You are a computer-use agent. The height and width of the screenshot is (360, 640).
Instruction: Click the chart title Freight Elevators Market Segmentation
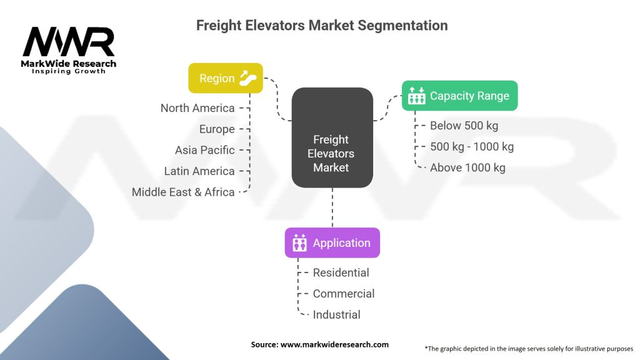point(322,25)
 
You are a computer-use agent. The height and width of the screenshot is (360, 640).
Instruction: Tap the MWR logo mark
point(69,41)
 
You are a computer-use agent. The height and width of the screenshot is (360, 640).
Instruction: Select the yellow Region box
point(225,78)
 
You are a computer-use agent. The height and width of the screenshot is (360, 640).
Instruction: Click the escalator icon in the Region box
point(247,78)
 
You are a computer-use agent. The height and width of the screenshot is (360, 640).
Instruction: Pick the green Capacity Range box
point(459,96)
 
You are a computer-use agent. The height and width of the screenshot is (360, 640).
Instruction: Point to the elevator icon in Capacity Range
point(416,96)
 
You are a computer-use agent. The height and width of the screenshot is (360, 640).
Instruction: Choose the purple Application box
point(332,243)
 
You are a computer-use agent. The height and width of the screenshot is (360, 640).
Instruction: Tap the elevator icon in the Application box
point(299,243)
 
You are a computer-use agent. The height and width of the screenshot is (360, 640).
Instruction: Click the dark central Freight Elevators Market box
point(332,137)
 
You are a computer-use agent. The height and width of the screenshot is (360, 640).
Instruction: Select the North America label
point(197,108)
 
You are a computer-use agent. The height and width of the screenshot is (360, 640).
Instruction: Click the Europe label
point(217,129)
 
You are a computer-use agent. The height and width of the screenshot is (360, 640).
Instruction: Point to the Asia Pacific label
point(205,150)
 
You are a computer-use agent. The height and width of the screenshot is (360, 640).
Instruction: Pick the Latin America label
point(199,171)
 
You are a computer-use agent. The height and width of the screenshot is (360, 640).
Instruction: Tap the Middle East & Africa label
point(183,192)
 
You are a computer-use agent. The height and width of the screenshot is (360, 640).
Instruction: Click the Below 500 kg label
point(464,126)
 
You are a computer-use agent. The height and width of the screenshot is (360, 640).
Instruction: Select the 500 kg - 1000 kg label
point(472,146)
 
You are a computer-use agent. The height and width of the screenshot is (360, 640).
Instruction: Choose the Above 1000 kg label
point(467,167)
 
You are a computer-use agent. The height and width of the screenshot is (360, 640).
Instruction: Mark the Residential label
point(341,272)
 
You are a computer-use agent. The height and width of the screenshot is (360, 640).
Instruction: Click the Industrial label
point(337,315)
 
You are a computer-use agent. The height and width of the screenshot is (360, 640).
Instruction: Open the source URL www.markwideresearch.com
point(334,344)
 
